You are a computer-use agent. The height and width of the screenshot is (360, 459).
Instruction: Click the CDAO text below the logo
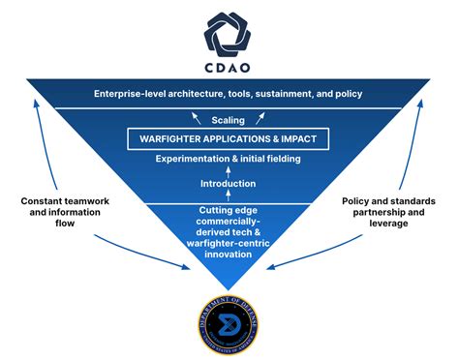[x=229, y=69]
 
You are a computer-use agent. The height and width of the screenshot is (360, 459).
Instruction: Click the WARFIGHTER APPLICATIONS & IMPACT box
[x=229, y=139]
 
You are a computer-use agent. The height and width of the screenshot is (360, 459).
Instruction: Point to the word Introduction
[x=228, y=183]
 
